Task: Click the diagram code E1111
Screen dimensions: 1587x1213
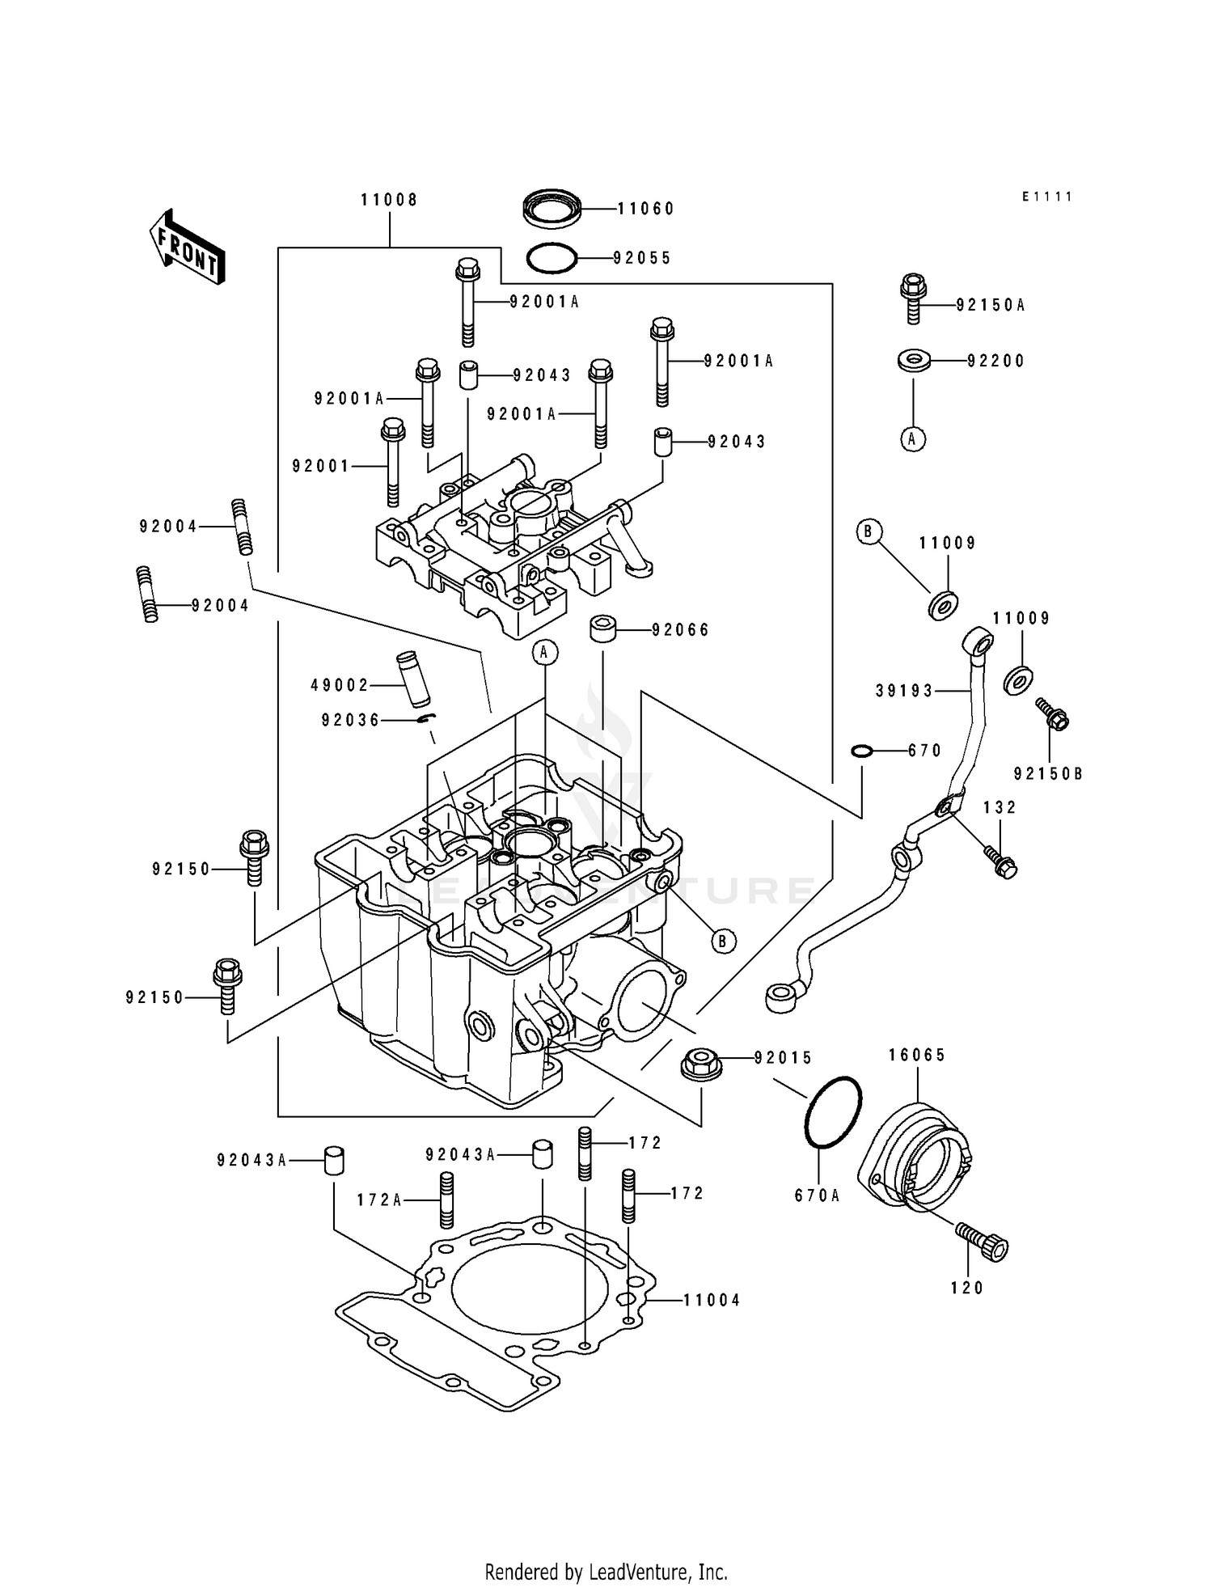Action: pos(1046,197)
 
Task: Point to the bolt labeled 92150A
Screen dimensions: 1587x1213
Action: pos(913,298)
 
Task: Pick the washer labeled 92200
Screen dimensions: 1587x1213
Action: pos(913,360)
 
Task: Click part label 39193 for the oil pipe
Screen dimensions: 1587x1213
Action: pos(903,691)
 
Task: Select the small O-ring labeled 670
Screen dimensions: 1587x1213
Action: pos(863,751)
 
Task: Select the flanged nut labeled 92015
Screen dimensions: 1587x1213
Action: pos(701,1062)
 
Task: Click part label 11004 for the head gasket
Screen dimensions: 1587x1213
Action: pos(712,1301)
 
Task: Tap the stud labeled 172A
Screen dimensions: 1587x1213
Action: pos(446,1199)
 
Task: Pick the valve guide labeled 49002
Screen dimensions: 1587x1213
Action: pos(414,671)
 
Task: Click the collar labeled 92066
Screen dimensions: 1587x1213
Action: pos(603,628)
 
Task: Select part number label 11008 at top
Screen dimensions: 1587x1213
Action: pos(389,200)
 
